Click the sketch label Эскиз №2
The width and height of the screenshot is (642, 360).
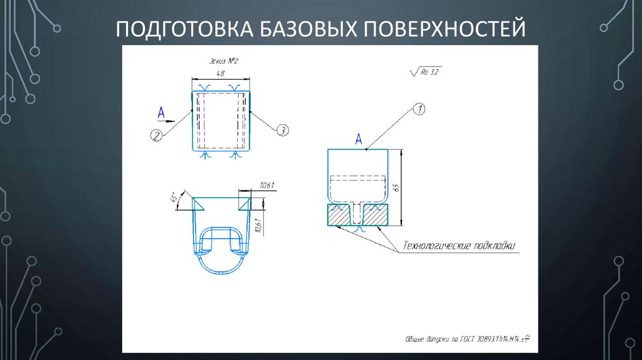pyautogui.click(x=224, y=61)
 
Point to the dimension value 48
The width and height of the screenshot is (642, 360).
pyautogui.click(x=220, y=73)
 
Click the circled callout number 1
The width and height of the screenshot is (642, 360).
pyautogui.click(x=419, y=110)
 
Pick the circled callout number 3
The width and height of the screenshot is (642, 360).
pyautogui.click(x=282, y=130)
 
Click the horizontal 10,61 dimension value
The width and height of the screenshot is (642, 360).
pyautogui.click(x=266, y=184)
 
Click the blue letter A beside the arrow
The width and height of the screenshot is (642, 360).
pyautogui.click(x=161, y=112)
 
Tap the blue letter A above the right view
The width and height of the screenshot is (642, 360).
pyautogui.click(x=359, y=139)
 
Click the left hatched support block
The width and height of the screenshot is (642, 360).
pyautogui.click(x=340, y=215)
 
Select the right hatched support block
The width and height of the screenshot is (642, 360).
pyautogui.click(x=376, y=215)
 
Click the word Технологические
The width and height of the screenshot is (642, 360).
pyautogui.click(x=436, y=245)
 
